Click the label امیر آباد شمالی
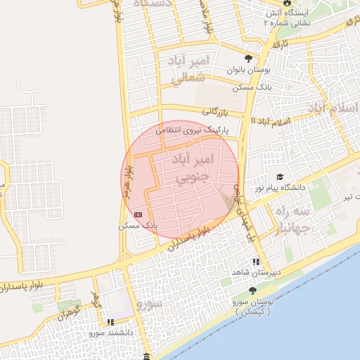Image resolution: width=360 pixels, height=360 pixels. pos(190,70)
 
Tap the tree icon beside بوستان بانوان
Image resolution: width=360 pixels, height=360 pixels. pos(247,58)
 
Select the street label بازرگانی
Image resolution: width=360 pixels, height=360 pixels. pos(216,111)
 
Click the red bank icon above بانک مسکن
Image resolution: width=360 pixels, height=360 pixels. pos(139,213)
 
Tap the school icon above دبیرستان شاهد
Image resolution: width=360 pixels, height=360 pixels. pos(256,262)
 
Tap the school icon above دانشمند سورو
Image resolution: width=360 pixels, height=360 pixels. pos(109,321)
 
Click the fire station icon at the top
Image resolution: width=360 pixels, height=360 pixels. pos(269,12)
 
